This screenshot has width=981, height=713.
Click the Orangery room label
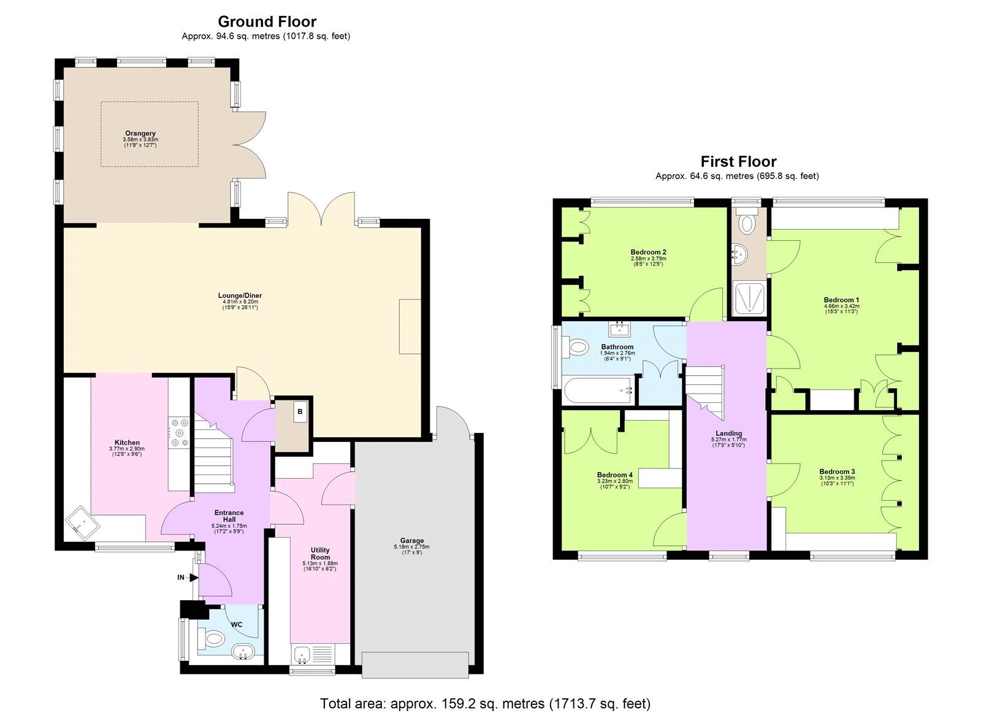140,133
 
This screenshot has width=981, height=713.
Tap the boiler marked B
300,412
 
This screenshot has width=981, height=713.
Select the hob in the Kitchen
180,432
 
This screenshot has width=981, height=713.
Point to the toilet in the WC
212,638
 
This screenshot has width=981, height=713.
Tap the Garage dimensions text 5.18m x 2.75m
411,547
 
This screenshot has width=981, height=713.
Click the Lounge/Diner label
240,295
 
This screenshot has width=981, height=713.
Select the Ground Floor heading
267,21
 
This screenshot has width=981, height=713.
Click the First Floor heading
738,161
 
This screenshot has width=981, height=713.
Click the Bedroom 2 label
648,252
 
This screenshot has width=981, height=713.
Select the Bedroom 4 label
614,475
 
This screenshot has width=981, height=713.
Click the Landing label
728,433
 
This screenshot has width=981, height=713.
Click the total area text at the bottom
485,704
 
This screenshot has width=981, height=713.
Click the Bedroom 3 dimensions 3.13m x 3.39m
837,478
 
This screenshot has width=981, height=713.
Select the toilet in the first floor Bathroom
577,348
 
